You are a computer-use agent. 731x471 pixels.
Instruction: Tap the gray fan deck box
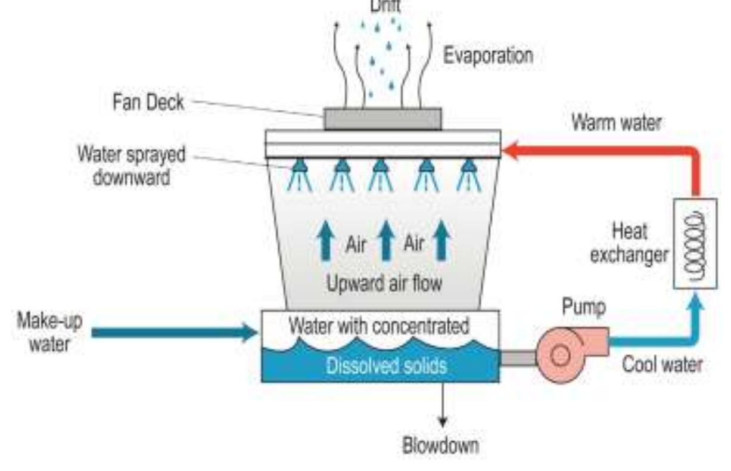382,118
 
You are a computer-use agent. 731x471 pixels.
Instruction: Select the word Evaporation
488,56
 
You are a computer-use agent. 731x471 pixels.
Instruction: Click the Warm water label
616,123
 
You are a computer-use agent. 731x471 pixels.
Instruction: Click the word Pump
584,308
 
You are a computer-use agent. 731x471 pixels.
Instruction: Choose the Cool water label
662,364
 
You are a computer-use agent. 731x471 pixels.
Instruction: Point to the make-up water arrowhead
250,332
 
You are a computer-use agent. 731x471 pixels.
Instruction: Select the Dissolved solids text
385,365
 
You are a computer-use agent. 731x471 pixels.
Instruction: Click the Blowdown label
440,445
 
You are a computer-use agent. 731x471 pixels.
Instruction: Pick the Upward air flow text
384,284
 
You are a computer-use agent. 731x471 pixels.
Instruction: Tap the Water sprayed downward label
131,165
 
